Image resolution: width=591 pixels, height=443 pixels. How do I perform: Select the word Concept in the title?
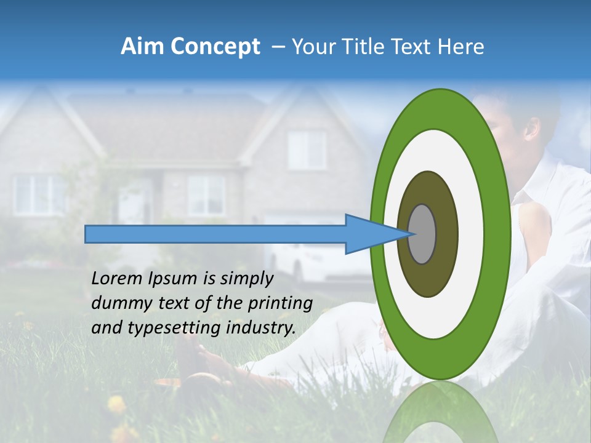[x=215, y=47]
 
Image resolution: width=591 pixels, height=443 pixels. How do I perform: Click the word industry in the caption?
[x=259, y=328]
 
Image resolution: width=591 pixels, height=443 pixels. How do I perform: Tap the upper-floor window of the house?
[x=307, y=150]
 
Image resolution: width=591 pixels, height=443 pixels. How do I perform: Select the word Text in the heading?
[x=413, y=47]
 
